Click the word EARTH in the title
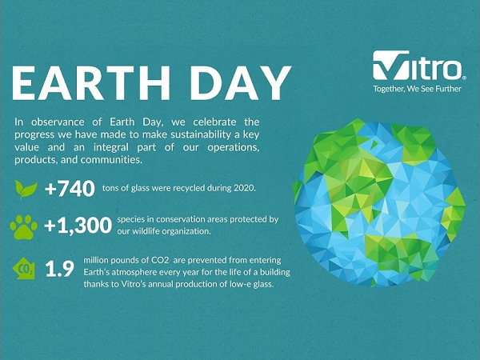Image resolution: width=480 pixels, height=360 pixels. point(91,83)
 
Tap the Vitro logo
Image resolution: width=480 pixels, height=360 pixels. point(419,66)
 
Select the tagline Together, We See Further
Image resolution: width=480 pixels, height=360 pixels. point(417,89)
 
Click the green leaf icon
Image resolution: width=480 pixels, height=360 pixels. point(26,189)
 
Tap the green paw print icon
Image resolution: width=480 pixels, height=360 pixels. point(23,227)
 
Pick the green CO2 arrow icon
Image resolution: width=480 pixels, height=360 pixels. point(24,269)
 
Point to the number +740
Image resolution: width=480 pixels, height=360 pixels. point(70,188)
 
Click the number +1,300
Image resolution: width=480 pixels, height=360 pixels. point(78,226)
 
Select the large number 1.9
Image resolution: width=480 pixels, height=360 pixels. point(60,269)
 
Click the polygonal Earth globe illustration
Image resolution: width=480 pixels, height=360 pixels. point(379,203)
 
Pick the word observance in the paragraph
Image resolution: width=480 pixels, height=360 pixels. point(58,122)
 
